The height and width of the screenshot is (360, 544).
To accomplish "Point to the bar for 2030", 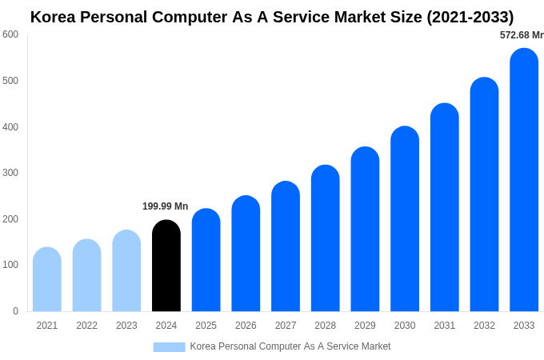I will [x=405, y=219].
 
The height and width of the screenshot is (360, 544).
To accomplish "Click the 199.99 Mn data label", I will [x=165, y=206].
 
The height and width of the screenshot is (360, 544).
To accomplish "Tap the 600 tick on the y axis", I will [x=10, y=34].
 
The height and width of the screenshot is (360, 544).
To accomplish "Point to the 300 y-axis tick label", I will [x=10, y=173].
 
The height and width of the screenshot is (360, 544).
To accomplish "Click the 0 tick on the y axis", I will [x=15, y=311].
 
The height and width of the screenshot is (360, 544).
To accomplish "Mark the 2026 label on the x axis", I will [x=246, y=326].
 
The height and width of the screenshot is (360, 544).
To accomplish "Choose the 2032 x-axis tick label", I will [x=484, y=326].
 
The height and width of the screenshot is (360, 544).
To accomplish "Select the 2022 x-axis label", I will [x=87, y=326].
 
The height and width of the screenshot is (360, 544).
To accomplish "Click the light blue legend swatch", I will [x=169, y=347].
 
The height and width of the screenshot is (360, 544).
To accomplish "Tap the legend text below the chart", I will [x=290, y=346].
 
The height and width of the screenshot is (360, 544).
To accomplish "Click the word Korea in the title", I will [x=54, y=17].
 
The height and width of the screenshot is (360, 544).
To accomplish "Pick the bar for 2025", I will [x=206, y=260].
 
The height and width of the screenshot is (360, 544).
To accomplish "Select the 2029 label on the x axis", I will [x=365, y=326].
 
